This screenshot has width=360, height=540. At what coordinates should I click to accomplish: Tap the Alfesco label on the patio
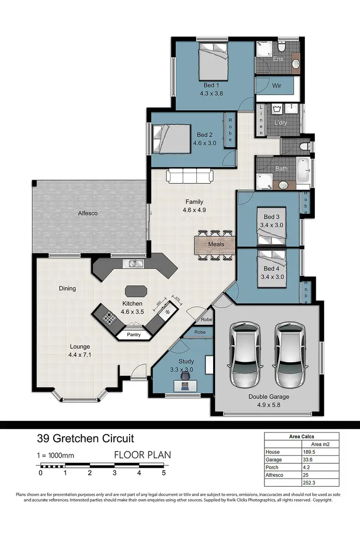[x=88, y=213]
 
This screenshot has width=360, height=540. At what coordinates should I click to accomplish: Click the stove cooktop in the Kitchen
[x=109, y=317]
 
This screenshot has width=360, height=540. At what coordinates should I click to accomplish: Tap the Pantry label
[x=134, y=334]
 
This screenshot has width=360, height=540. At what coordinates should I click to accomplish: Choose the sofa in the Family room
[x=190, y=176]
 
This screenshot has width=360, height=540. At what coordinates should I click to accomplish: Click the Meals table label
[x=216, y=244]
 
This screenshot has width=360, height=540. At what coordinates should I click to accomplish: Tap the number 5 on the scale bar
[x=164, y=473]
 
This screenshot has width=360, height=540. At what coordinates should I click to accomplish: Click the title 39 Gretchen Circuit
[x=85, y=438]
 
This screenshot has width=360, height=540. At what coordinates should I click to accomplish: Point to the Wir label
[x=276, y=86]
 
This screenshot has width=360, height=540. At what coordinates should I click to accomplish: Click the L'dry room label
[x=281, y=123]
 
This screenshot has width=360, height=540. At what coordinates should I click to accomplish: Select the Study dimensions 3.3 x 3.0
[x=181, y=370]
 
